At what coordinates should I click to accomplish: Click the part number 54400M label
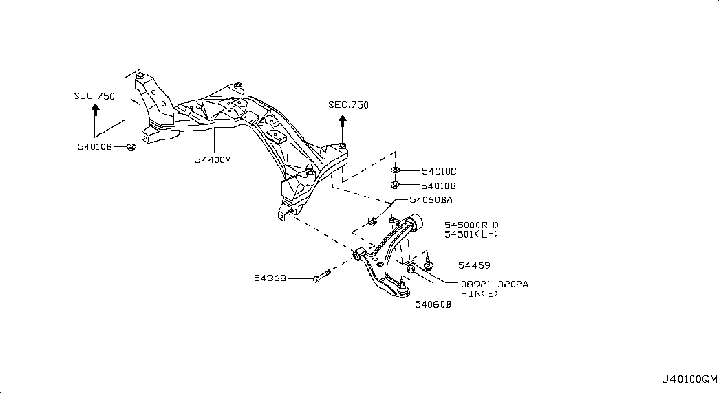[x=213, y=159]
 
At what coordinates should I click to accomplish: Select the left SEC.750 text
[x=94, y=96]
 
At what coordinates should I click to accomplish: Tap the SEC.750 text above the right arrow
[x=348, y=105]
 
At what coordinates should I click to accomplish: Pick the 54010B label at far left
[x=94, y=146]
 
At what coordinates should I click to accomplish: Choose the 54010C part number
[x=439, y=170]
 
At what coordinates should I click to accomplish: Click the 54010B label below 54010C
[x=439, y=185]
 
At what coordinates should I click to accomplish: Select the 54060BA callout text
[x=430, y=201]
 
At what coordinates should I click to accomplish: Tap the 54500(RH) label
[x=471, y=225]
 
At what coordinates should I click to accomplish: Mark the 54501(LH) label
[x=471, y=234]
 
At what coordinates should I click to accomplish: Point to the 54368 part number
[x=270, y=278]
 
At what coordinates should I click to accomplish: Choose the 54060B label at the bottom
[x=432, y=305]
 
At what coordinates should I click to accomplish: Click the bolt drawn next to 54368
[x=320, y=278]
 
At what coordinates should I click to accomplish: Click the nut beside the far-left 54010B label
[x=131, y=146]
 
